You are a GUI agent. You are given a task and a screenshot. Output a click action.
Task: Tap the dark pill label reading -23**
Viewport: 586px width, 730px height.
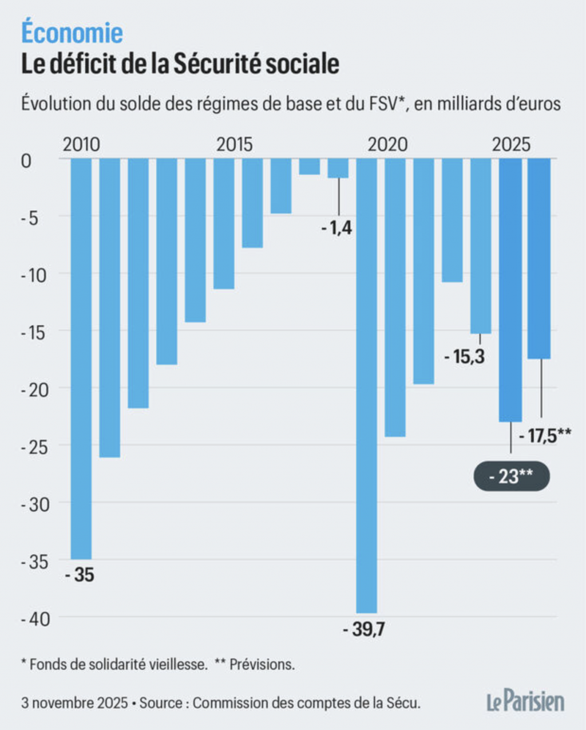(512, 476)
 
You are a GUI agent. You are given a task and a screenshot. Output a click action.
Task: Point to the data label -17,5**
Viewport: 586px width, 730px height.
(544, 436)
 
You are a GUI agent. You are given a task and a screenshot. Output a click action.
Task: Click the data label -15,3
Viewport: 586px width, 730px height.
(464, 357)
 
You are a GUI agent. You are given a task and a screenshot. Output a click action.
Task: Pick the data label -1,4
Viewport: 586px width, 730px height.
(336, 229)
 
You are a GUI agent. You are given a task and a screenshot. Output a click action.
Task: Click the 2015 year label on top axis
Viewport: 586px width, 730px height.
(235, 144)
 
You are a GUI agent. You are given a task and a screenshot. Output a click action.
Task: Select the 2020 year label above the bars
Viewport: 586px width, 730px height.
(387, 144)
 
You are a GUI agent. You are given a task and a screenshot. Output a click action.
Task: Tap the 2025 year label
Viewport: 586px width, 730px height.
(511, 144)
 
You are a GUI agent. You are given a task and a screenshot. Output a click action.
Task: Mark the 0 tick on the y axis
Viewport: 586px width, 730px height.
(26, 161)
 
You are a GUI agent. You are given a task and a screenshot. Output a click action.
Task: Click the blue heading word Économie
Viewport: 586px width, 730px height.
(72, 33)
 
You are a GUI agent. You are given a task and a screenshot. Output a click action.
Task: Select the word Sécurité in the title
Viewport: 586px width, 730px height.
(215, 64)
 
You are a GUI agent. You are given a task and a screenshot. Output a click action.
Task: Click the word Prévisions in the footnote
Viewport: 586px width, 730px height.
(262, 665)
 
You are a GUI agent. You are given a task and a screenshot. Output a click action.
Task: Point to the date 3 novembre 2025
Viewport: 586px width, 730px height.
(74, 703)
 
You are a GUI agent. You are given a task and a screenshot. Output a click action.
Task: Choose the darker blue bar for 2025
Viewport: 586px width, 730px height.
(510, 290)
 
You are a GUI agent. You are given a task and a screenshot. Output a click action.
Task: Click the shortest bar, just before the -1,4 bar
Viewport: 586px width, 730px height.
(310, 167)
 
